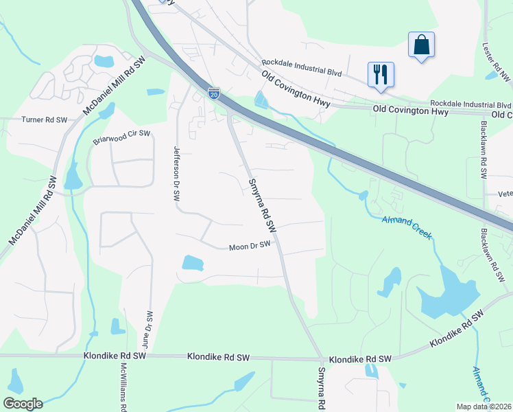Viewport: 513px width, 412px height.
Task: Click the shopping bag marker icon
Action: (420, 45)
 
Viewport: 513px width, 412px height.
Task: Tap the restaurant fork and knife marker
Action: (381, 73)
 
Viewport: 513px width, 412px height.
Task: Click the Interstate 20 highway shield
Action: (214, 93)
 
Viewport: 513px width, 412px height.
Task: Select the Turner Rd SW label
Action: (44, 119)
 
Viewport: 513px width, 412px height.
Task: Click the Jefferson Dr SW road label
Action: (176, 172)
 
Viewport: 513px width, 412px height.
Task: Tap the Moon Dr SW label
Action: (250, 245)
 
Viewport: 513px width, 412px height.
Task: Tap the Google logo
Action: (22, 404)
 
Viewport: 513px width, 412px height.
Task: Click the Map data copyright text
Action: (484, 407)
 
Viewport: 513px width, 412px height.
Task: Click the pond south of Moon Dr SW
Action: (193, 262)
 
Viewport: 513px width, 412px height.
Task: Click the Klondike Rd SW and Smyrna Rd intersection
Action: (321, 358)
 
